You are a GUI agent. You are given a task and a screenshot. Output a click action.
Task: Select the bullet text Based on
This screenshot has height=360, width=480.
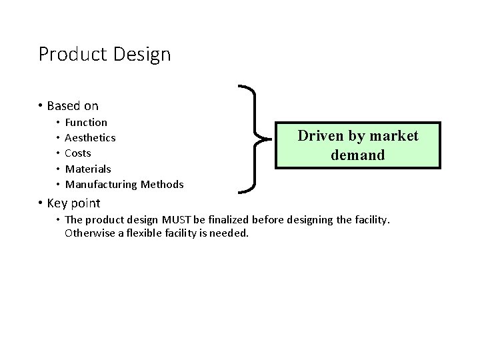point(73,105)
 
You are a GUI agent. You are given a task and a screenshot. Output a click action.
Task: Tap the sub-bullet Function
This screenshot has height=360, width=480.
point(86,122)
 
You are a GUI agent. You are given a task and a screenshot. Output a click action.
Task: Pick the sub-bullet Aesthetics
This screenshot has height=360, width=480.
point(91,137)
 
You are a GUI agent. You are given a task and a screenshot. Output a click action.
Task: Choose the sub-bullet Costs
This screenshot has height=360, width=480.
point(79,153)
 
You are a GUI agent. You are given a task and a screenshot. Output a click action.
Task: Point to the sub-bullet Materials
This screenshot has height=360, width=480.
point(88,169)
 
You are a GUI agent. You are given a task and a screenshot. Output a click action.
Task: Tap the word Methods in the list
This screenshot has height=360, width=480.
point(161,184)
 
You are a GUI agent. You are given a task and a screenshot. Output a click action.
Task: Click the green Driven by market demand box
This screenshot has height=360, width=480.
point(357,145)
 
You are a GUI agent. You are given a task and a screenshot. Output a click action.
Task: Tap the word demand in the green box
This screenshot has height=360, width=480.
point(357,155)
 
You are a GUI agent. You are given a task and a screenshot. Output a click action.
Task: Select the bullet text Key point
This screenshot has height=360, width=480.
point(73,203)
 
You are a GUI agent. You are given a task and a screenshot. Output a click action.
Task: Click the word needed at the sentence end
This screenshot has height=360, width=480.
point(230,234)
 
